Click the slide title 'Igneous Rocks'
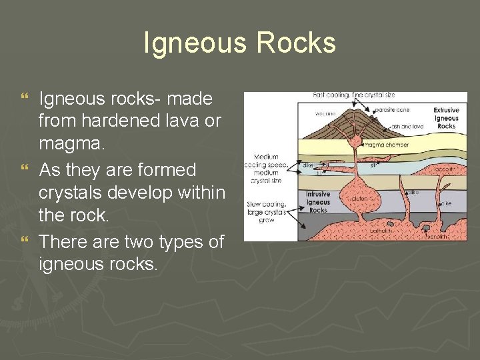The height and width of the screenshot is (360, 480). [239, 43]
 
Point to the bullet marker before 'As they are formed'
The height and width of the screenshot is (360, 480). [25, 171]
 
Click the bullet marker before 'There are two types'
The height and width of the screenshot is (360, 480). [25, 242]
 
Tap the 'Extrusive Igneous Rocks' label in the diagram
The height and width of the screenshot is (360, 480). [446, 118]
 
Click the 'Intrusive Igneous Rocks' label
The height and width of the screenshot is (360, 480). [318, 202]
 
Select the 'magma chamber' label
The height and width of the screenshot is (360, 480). [386, 144]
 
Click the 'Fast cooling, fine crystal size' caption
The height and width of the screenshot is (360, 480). [355, 95]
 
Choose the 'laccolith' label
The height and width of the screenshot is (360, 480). [449, 169]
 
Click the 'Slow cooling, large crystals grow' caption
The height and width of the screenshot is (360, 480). [266, 211]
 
